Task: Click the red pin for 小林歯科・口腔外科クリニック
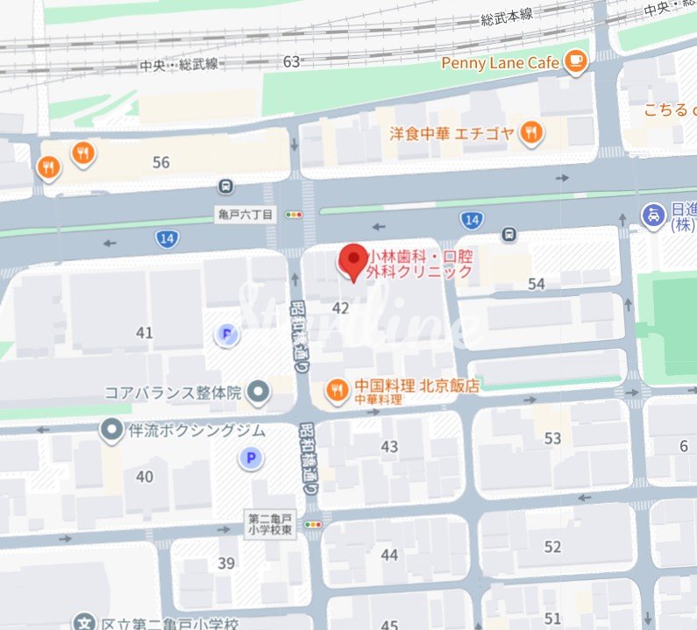[x=353, y=261]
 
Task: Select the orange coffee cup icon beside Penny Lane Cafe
[x=575, y=60]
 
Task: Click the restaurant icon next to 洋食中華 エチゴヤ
[x=530, y=134]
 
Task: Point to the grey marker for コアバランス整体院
[x=258, y=393]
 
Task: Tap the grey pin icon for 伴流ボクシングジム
[x=111, y=430]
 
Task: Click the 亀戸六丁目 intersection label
[x=245, y=214]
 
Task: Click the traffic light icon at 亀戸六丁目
[x=294, y=214]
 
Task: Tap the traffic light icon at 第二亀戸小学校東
[x=312, y=524]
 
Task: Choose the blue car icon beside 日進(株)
[x=652, y=214]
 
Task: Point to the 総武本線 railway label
[x=508, y=18]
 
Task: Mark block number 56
[x=160, y=162]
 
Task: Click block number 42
[x=341, y=308]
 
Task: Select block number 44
[x=389, y=555]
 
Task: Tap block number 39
[x=226, y=563]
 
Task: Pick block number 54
[x=537, y=284]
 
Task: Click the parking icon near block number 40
[x=252, y=457]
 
